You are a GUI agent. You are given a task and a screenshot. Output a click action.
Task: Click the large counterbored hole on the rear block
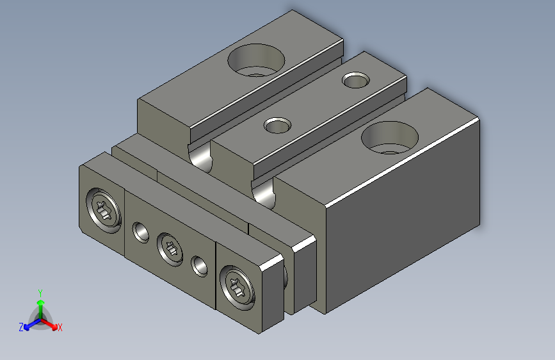[x=256, y=60]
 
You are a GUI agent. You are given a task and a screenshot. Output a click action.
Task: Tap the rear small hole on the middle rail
[x=355, y=81]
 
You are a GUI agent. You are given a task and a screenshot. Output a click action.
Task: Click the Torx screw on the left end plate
[x=104, y=210]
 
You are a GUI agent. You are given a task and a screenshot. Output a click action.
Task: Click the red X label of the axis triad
[x=60, y=327]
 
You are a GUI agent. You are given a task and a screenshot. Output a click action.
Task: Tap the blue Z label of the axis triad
[x=20, y=327]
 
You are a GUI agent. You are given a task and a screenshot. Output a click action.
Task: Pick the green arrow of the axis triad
[x=40, y=304]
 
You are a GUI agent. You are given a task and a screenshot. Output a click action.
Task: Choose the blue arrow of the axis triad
[x=29, y=324]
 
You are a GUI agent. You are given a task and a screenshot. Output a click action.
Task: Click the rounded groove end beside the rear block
[x=202, y=158]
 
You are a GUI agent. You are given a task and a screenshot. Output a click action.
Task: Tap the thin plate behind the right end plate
[x=303, y=275]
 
